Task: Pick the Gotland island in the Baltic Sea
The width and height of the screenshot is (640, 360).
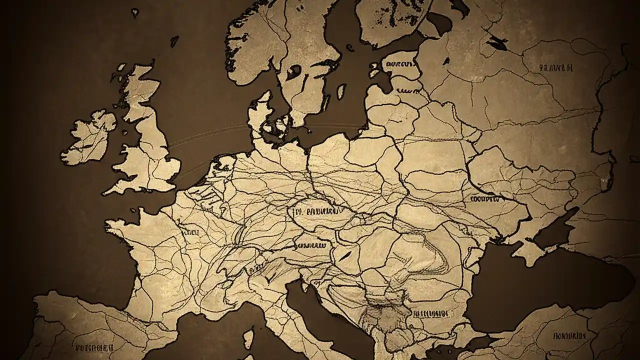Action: [341, 91]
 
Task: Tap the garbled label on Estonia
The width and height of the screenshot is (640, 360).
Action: [399, 64]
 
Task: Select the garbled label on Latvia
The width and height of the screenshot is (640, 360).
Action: [407, 91]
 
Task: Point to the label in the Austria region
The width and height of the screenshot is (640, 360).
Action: [311, 246]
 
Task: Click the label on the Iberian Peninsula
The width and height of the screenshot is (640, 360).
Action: [95, 346]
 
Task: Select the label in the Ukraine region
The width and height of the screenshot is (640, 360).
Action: [485, 198]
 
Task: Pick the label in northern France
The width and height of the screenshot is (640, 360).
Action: [190, 232]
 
